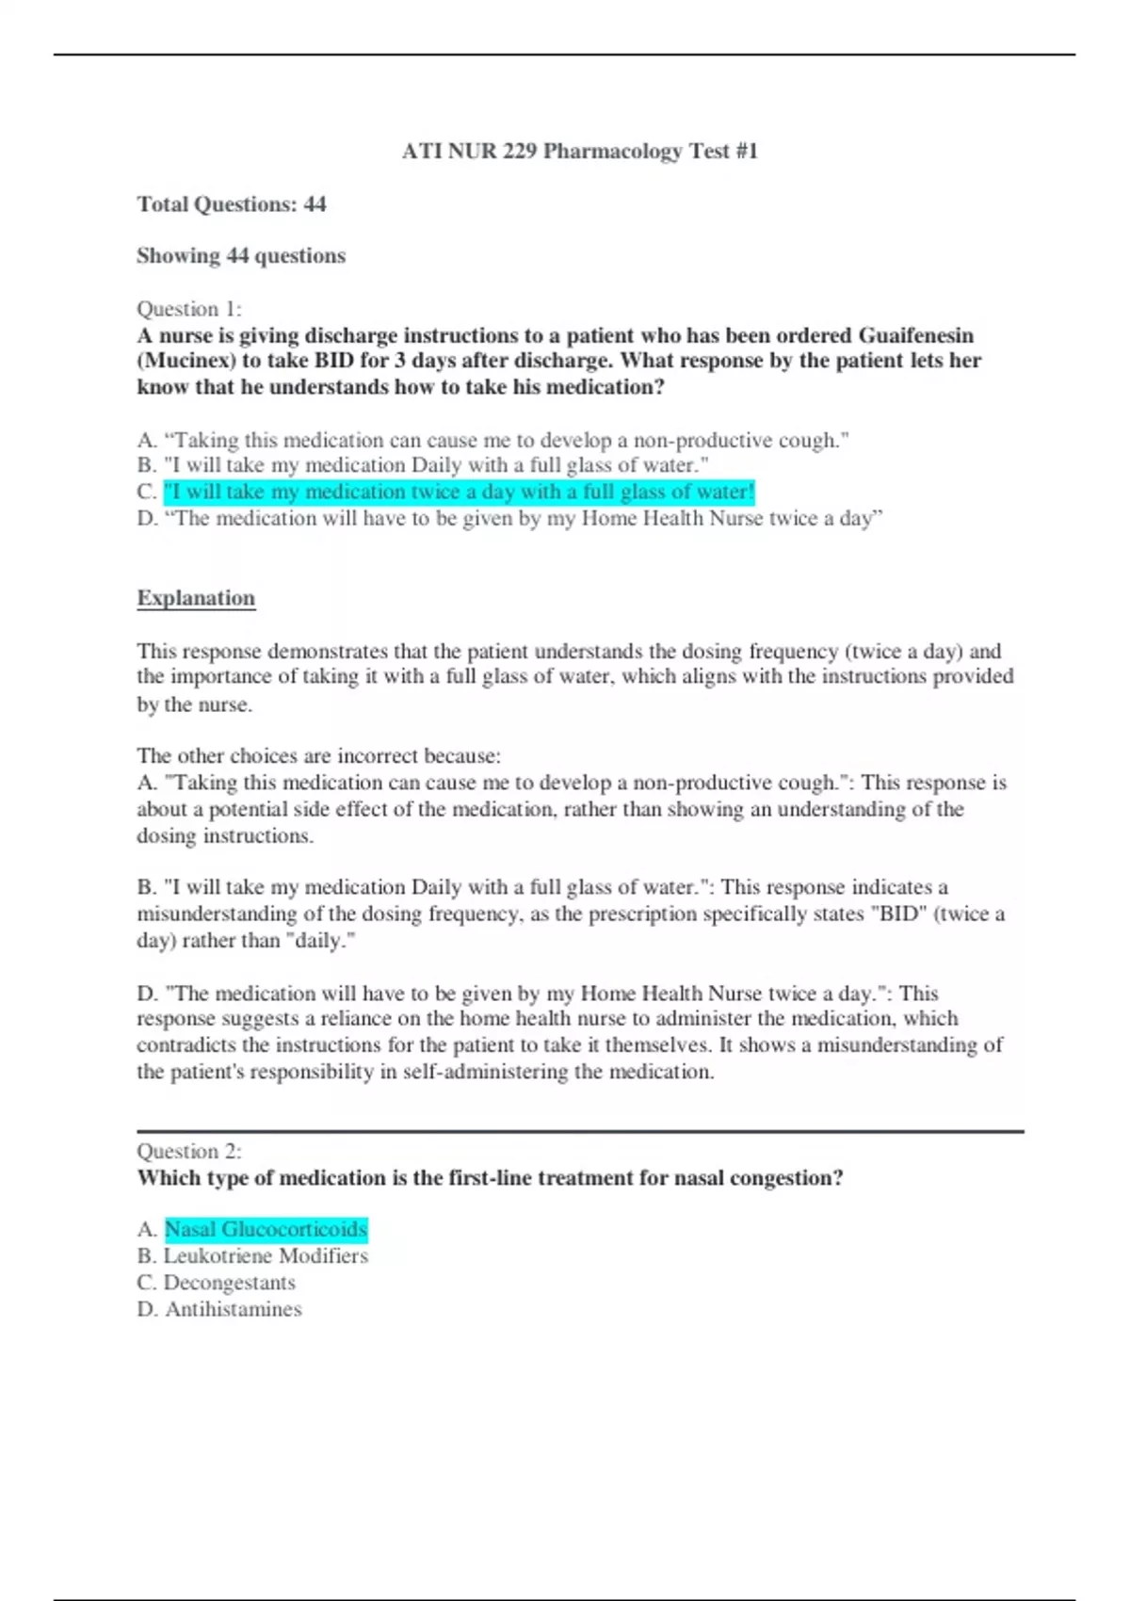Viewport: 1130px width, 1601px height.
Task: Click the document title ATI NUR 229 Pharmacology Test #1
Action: tap(579, 151)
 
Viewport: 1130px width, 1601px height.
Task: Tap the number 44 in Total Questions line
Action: tap(315, 204)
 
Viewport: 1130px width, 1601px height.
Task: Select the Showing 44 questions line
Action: tap(241, 256)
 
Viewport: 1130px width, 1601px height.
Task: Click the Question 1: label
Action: tap(189, 309)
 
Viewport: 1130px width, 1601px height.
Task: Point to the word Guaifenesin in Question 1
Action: tap(915, 335)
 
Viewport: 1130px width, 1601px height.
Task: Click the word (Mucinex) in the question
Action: tap(186, 361)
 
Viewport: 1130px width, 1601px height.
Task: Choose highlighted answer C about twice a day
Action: tap(459, 492)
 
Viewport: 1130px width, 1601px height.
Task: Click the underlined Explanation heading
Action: tap(196, 598)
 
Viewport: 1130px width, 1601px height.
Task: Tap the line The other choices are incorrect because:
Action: tap(319, 755)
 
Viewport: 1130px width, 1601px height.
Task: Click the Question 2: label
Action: tap(189, 1151)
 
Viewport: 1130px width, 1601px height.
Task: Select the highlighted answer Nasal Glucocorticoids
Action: tap(266, 1229)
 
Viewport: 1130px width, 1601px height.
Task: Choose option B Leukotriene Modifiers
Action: tap(266, 1255)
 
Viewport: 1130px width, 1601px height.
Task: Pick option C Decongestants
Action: tap(229, 1283)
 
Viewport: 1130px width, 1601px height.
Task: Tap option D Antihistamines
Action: tap(233, 1309)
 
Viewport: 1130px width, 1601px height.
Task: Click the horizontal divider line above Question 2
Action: tap(579, 1131)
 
